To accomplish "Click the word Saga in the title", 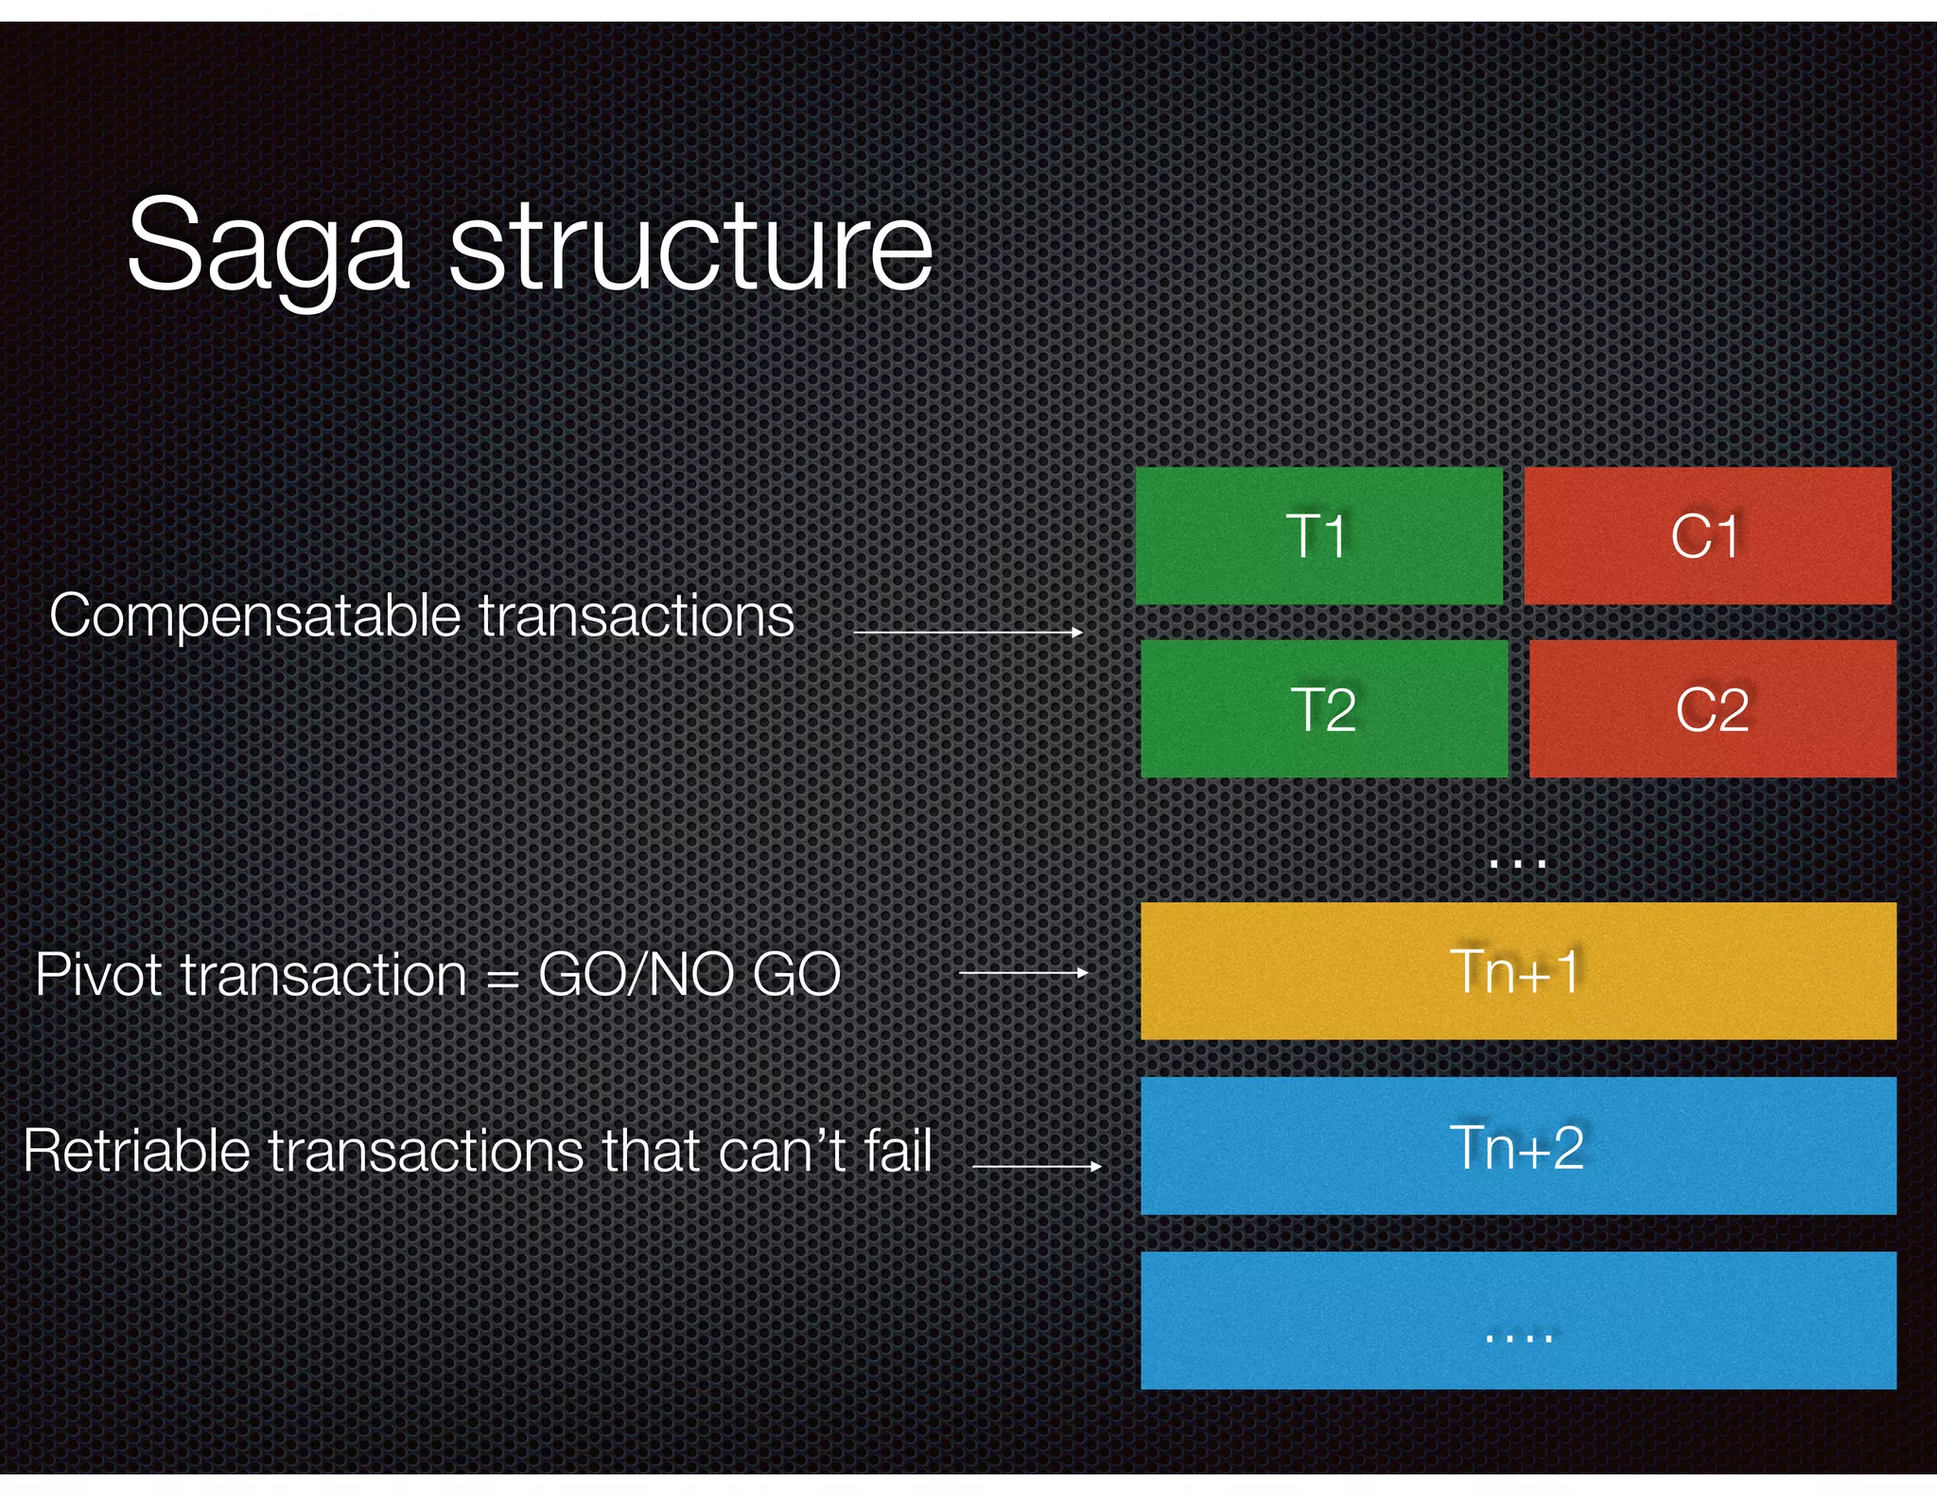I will [x=268, y=248].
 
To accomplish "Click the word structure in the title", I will [x=691, y=248].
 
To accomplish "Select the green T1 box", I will [x=1318, y=536].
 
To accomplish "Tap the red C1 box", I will [x=1707, y=536].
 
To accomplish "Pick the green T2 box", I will [x=1324, y=709].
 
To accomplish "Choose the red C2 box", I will [x=1712, y=709].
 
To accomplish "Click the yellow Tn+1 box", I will [x=1517, y=971].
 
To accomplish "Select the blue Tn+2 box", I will [x=1517, y=1146].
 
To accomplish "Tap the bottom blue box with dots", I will [x=1517, y=1321].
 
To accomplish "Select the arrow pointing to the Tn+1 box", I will [x=1023, y=972].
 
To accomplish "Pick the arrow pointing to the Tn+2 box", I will [x=1037, y=1166].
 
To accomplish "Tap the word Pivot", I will [x=97, y=974].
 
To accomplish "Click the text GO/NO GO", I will [x=689, y=974].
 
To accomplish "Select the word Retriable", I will [x=137, y=1151].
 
